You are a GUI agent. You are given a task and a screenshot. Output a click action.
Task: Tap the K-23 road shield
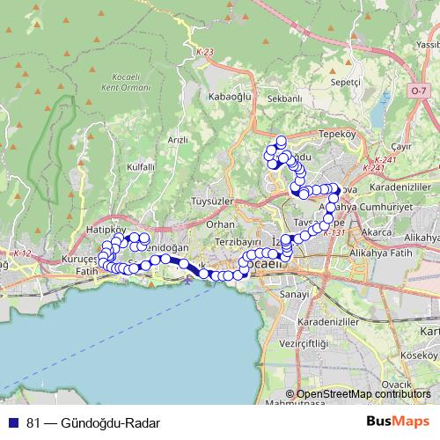205,53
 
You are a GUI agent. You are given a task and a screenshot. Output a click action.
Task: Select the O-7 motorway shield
419,91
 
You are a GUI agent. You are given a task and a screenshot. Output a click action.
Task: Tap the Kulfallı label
141,166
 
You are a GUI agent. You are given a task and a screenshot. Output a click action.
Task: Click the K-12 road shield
22,254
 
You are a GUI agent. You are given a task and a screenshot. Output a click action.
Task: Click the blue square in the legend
13,422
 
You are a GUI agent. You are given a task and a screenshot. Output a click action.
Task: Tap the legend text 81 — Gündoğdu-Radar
86,422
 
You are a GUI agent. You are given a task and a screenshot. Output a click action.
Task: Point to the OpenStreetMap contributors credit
363,394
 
